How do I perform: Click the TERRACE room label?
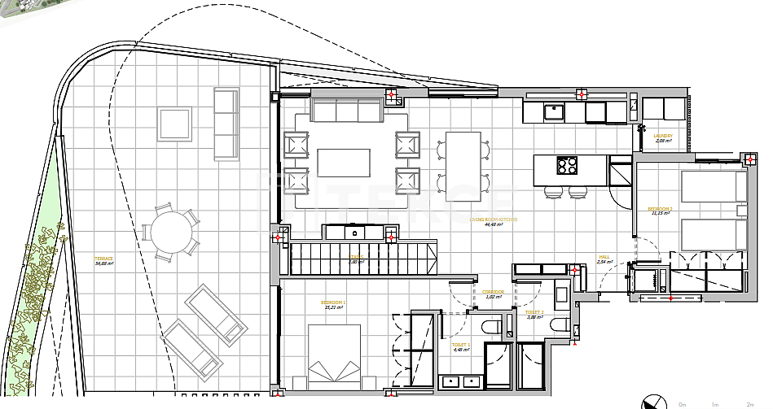pos(103,259)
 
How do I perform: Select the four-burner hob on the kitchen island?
pos(567,165)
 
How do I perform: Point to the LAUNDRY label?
pos(663,137)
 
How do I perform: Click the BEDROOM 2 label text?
pos(660,209)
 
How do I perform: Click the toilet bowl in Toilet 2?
pos(560,325)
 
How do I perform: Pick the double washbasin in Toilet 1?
pos(459,381)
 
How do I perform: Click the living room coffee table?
pos(343,163)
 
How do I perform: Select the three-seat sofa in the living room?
pos(345,110)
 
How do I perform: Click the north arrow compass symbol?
pos(652,402)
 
